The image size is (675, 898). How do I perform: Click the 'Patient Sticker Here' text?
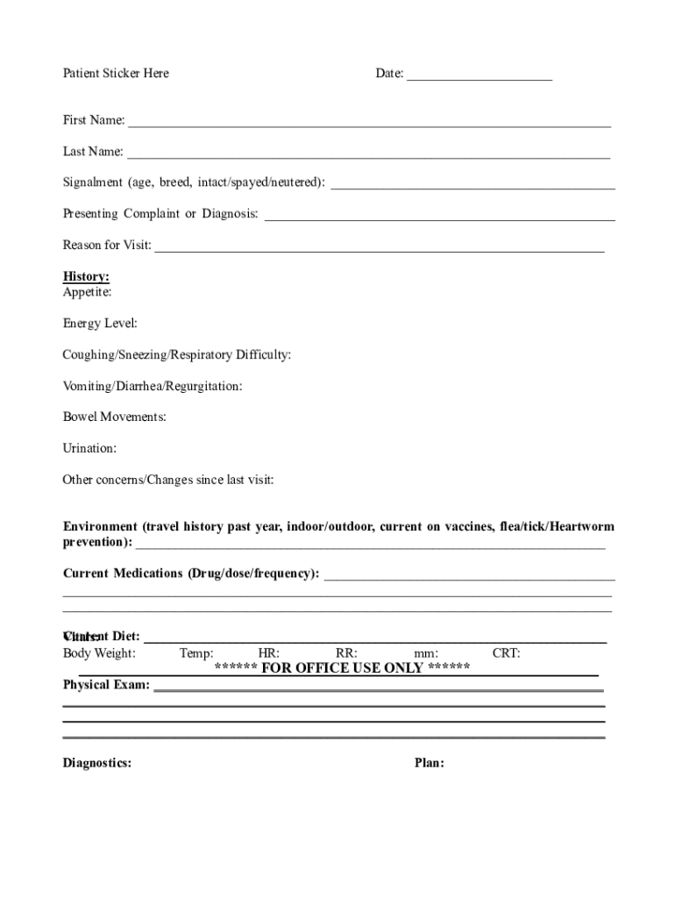[116, 74]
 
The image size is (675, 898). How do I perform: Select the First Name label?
[93, 120]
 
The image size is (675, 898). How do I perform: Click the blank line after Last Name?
[368, 156]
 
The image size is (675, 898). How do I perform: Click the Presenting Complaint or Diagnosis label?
[160, 214]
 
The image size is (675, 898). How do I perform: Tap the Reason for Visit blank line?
[379, 249]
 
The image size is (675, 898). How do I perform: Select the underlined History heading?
[86, 277]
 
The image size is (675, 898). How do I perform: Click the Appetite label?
[87, 292]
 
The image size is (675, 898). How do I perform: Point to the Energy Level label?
[100, 324]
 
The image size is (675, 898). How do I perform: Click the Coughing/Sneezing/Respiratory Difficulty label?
[177, 355]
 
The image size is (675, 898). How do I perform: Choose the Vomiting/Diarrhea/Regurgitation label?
[153, 386]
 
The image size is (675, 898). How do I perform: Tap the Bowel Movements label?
[114, 417]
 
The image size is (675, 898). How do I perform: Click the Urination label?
[89, 448]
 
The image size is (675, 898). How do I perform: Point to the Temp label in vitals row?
[196, 653]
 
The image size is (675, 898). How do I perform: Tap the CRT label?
[506, 653]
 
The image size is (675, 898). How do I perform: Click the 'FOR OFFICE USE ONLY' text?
[343, 668]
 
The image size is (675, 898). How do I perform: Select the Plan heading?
[429, 763]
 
